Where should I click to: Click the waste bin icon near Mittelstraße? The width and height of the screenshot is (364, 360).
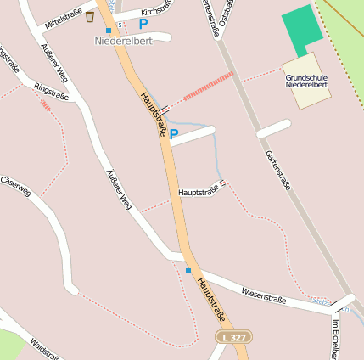(89, 17)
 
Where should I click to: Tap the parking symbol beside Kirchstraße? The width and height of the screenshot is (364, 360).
(143, 24)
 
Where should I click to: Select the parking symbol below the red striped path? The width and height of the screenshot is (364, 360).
(174, 134)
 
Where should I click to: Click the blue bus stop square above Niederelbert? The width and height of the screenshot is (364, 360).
(109, 31)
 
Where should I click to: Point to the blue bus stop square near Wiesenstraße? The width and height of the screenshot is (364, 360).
(188, 271)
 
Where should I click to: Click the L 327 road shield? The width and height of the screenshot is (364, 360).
(232, 337)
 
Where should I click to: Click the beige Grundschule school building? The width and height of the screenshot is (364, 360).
(305, 81)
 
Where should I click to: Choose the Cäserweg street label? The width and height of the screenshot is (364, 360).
(15, 187)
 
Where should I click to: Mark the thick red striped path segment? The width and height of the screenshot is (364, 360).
(208, 86)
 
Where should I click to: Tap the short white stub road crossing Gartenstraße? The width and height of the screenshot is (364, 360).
(274, 128)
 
